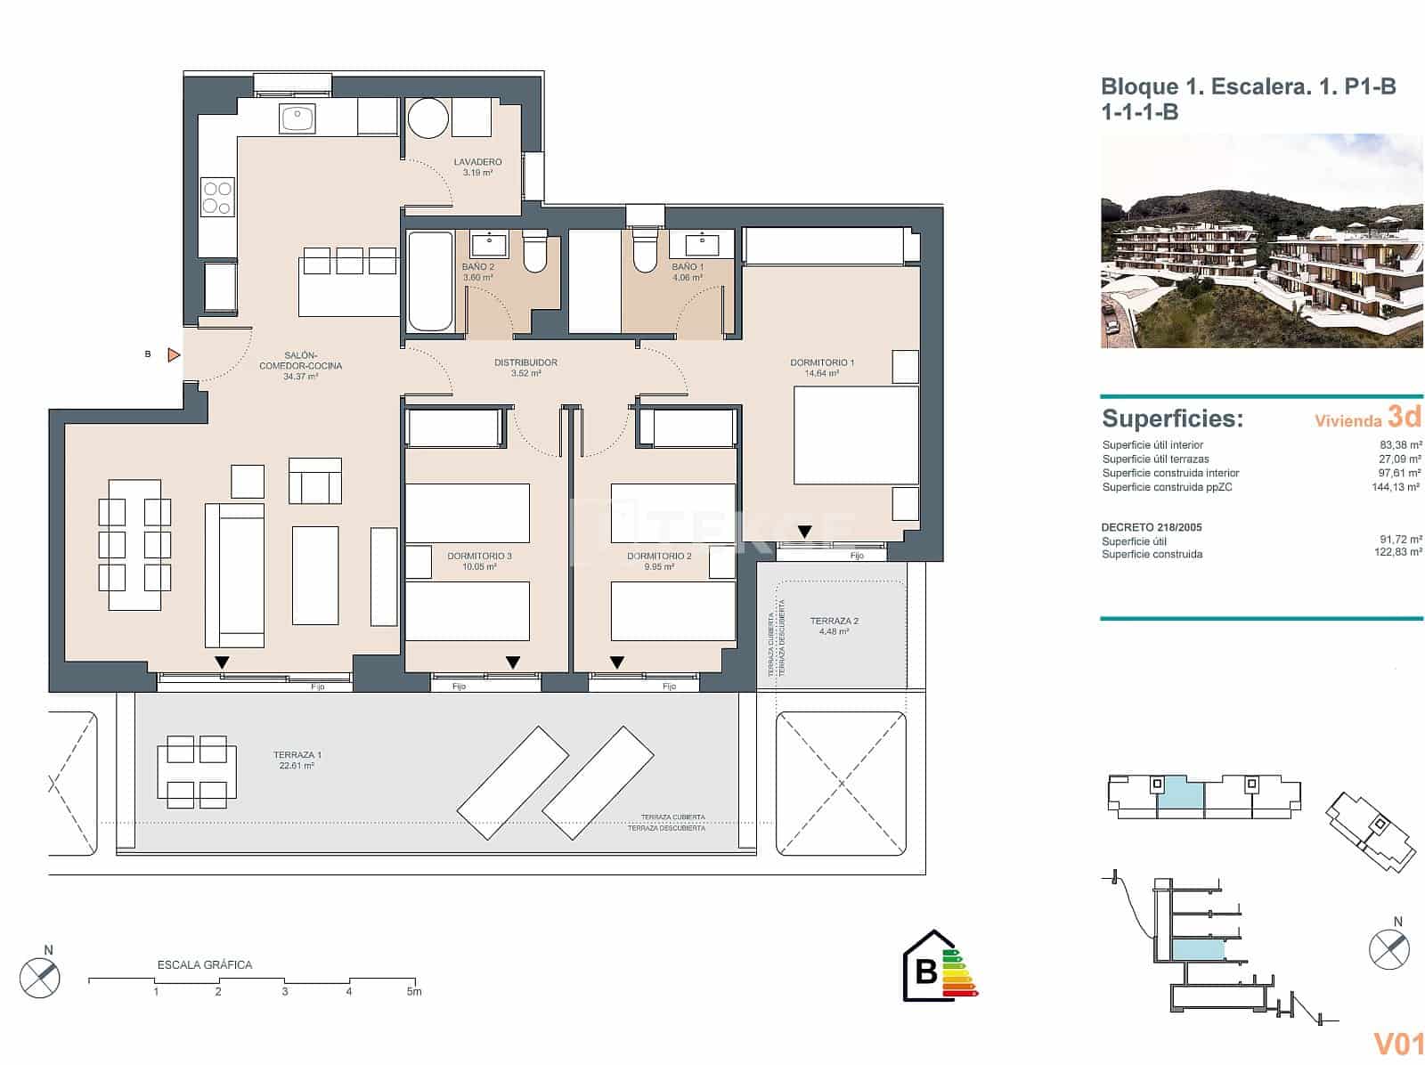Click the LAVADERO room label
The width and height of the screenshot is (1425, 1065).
click(477, 162)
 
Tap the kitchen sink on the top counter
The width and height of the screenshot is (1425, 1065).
click(297, 118)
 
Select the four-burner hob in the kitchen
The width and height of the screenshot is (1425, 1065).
click(216, 198)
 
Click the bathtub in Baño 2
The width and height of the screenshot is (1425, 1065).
click(430, 281)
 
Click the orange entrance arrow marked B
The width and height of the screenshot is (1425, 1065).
click(174, 355)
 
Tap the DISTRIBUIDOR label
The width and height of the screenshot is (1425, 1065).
click(525, 362)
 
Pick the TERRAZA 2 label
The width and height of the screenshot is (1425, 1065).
click(834, 622)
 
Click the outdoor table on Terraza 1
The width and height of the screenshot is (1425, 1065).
click(197, 771)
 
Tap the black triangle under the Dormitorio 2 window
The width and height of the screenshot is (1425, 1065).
click(616, 663)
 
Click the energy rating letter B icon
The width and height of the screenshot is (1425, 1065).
click(926, 971)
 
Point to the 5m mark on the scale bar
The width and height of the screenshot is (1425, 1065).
click(414, 991)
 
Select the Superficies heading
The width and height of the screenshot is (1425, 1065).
click(1172, 419)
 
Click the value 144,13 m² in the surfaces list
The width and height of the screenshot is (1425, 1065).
click(1396, 487)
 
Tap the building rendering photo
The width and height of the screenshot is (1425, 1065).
click(1261, 241)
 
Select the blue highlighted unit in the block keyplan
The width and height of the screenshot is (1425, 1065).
click(1181, 792)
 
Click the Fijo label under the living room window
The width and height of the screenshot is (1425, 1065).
click(318, 687)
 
